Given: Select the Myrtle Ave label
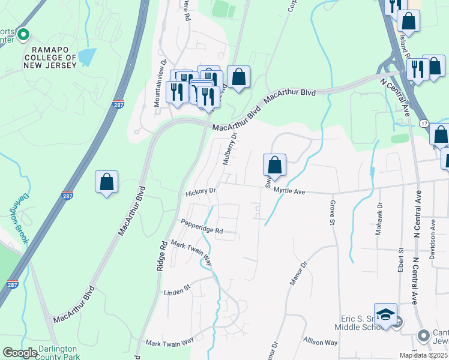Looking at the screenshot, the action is point(290,191).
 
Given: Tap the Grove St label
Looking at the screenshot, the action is point(331,213).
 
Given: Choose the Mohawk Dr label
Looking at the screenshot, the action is point(378,223).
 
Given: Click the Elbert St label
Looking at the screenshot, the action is point(400,259).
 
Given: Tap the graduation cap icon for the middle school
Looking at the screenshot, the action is point(385,314).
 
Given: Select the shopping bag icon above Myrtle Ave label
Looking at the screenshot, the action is point(274,164).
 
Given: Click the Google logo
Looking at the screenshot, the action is point(20,353).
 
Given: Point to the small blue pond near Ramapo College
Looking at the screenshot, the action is point(87,57).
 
